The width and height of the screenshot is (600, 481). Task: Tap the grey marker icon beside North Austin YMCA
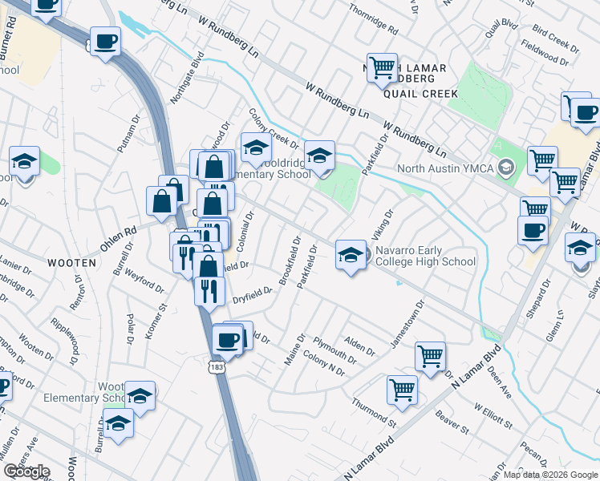pos(505,168)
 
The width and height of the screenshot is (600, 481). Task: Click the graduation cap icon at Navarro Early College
pos(350,255)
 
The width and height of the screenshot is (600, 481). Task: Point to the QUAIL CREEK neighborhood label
pos(420,94)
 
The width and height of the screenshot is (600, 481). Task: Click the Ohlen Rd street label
pos(119,232)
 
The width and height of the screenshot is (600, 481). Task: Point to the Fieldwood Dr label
pos(544,55)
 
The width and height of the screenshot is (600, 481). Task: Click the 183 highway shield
pos(215,367)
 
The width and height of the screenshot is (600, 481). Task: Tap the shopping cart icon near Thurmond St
pos(402,390)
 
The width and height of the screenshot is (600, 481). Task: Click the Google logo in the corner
pos(26,471)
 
